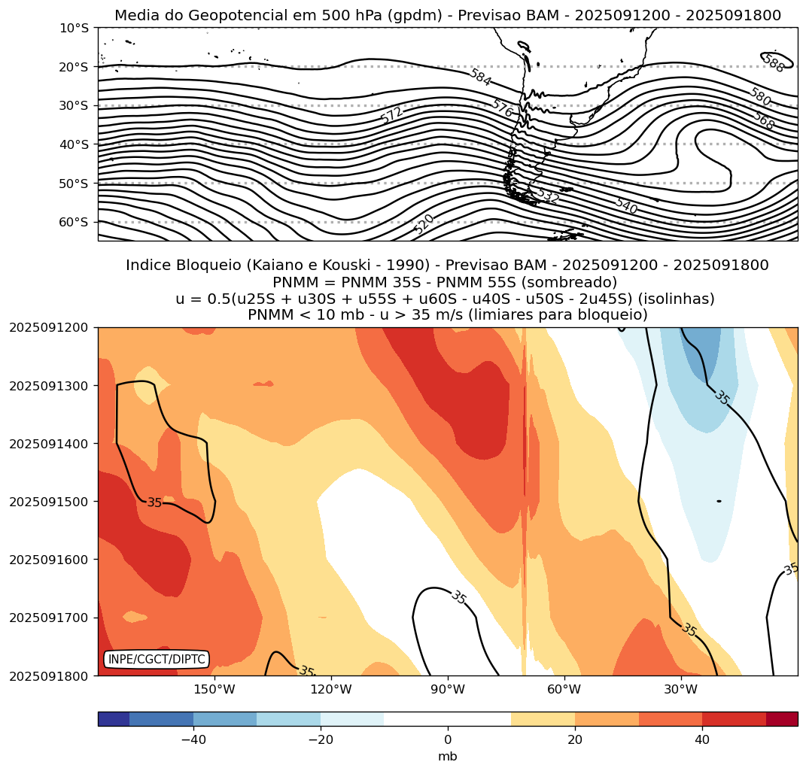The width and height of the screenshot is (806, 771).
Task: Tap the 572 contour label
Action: tap(391, 115)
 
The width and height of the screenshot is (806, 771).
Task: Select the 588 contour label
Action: tap(774, 64)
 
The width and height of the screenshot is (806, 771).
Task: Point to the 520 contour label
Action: tap(424, 223)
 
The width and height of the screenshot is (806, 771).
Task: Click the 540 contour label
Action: tap(625, 206)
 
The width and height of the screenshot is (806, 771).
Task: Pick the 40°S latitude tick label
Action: tap(73, 144)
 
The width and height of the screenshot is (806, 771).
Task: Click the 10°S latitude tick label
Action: tap(73, 28)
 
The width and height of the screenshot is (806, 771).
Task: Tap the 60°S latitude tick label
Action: tap(73, 222)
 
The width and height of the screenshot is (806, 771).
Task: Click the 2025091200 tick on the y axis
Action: tap(48, 328)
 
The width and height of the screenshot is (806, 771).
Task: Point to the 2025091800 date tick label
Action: tap(48, 675)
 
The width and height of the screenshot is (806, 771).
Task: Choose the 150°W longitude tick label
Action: tap(214, 689)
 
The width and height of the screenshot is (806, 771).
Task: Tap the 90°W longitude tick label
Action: tap(448, 689)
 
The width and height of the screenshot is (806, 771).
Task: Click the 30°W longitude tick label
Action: tap(681, 689)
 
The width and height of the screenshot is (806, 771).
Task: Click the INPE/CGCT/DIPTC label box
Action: tap(157, 660)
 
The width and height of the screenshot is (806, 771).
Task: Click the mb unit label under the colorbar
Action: tap(448, 756)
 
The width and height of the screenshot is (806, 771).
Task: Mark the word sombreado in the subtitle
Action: tap(579, 282)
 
